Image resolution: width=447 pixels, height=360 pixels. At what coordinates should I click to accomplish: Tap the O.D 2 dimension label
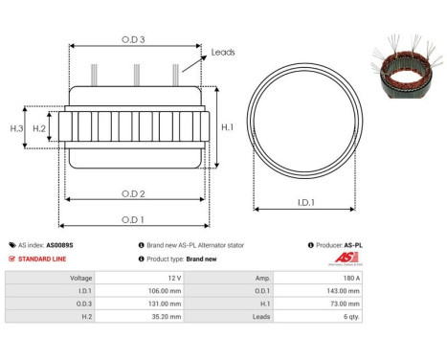[x=134, y=193]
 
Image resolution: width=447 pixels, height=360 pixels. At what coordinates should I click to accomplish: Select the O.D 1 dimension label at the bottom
[x=134, y=219]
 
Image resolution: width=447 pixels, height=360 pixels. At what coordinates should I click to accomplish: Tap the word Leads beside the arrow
[x=223, y=53]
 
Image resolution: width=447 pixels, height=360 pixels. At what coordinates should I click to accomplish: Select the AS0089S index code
[x=59, y=245]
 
